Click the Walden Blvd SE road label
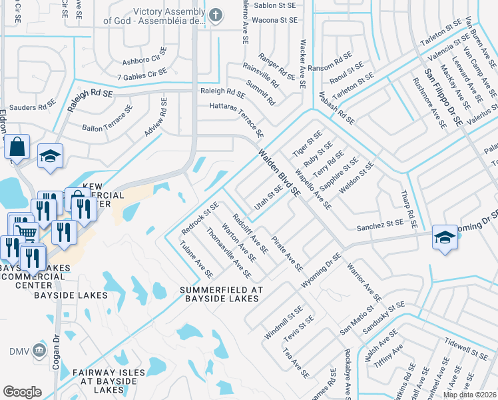[x=280, y=172]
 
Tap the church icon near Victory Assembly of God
[x=214, y=15]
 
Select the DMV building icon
[x=39, y=351]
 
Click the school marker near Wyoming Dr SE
[x=444, y=238]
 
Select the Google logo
[x=22, y=392]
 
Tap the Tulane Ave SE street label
[x=196, y=259]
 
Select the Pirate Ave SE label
[x=287, y=253]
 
